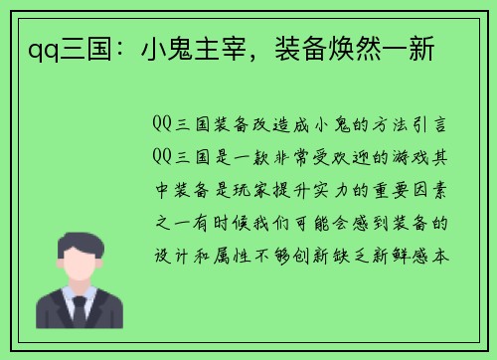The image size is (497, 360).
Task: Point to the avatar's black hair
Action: (x=79, y=239)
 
